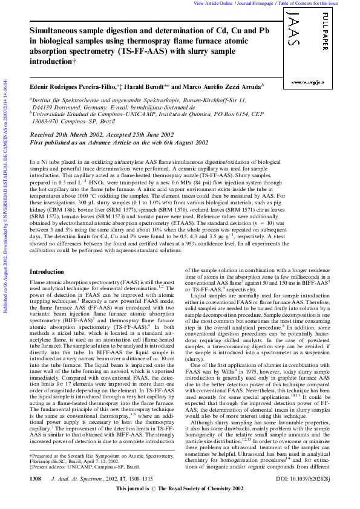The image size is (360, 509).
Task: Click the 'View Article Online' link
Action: point(213,3)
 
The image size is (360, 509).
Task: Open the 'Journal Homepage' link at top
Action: point(253,3)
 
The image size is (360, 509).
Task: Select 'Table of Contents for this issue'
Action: point(316,3)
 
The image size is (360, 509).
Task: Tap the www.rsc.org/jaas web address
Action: point(310,81)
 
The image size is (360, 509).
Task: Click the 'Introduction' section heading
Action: point(47,273)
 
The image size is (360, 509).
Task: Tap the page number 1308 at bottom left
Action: point(36,495)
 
